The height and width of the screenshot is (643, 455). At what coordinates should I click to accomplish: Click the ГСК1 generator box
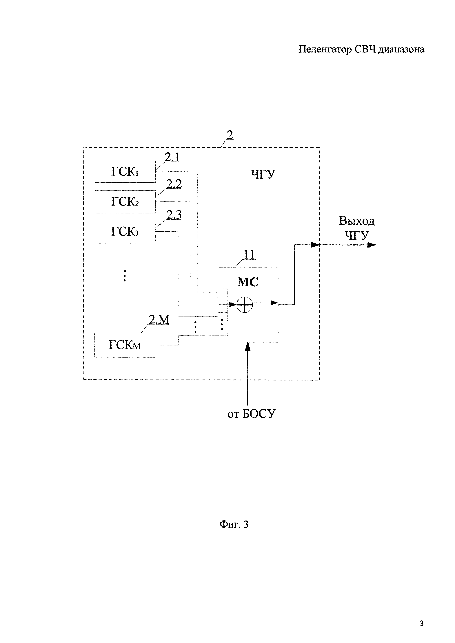pyautogui.click(x=125, y=172)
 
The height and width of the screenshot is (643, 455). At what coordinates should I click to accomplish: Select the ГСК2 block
pyautogui.click(x=125, y=202)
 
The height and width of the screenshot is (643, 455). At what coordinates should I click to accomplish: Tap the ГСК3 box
pyautogui.click(x=125, y=231)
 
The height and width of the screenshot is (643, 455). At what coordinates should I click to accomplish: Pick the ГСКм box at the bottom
pyautogui.click(x=125, y=345)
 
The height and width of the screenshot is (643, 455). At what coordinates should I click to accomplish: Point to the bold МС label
pyautogui.click(x=248, y=282)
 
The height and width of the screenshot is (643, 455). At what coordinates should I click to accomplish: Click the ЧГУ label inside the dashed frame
pyautogui.click(x=263, y=174)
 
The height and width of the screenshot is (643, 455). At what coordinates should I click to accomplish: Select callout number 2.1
pyautogui.click(x=172, y=157)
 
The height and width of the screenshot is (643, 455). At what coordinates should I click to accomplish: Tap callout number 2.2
pyautogui.click(x=174, y=184)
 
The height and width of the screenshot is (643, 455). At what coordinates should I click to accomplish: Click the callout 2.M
pyautogui.click(x=159, y=320)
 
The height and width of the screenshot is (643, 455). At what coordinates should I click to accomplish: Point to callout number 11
pyautogui.click(x=249, y=254)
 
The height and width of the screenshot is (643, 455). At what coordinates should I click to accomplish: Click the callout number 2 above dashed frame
pyautogui.click(x=230, y=135)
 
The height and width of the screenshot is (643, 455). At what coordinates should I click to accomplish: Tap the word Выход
pyautogui.click(x=356, y=221)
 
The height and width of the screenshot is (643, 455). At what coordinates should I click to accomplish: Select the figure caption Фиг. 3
pyautogui.click(x=234, y=524)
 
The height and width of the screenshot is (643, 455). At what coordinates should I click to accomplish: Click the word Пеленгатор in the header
pyautogui.click(x=325, y=49)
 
